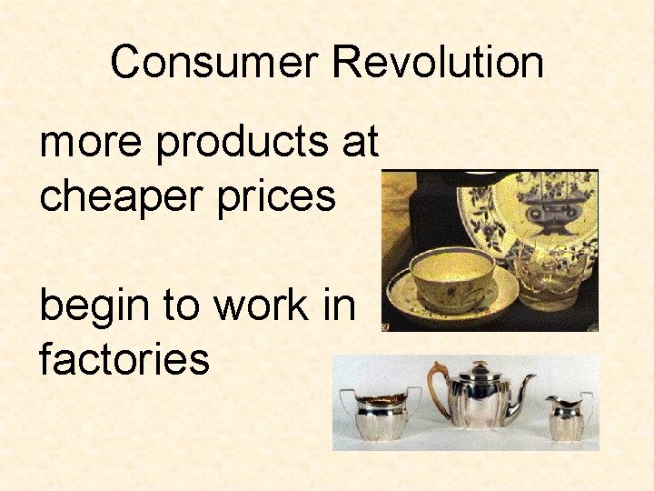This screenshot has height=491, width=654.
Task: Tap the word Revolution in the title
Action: (438, 63)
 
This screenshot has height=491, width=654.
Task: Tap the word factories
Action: (124, 358)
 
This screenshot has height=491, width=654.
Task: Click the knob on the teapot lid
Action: (479, 365)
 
